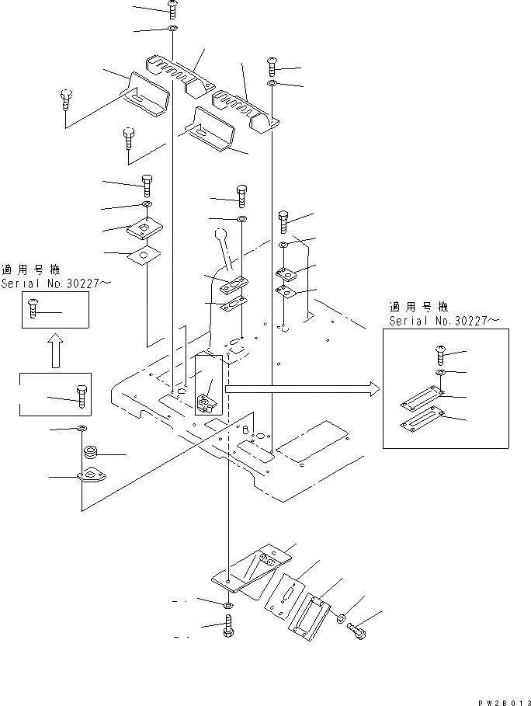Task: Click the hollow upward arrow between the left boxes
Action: (x=54, y=351)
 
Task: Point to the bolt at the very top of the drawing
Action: (x=172, y=9)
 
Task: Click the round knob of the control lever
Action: (x=218, y=234)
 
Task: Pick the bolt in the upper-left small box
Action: (x=33, y=308)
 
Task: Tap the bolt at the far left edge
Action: (x=65, y=100)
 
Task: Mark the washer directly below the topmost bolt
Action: (x=172, y=30)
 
